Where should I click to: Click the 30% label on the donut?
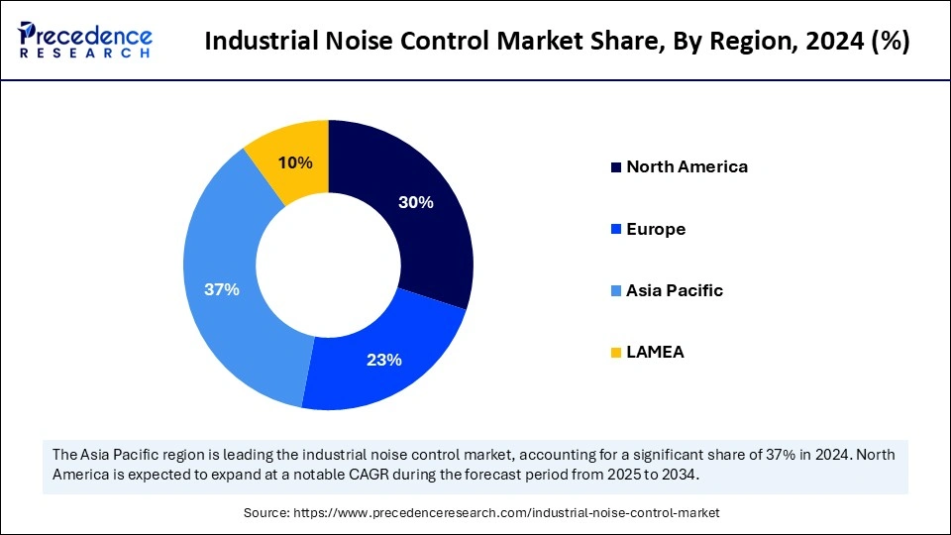coord(416,202)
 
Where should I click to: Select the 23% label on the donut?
coord(384,360)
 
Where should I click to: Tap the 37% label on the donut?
coord(222,289)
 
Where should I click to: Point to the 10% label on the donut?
coord(295,162)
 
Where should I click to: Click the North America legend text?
coord(687,166)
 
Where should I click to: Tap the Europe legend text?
coord(656,229)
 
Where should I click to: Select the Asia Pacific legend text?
coord(674,290)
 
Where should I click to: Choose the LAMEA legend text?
coord(655,352)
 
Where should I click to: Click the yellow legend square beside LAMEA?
coord(615,352)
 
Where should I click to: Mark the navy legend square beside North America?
coord(615,166)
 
